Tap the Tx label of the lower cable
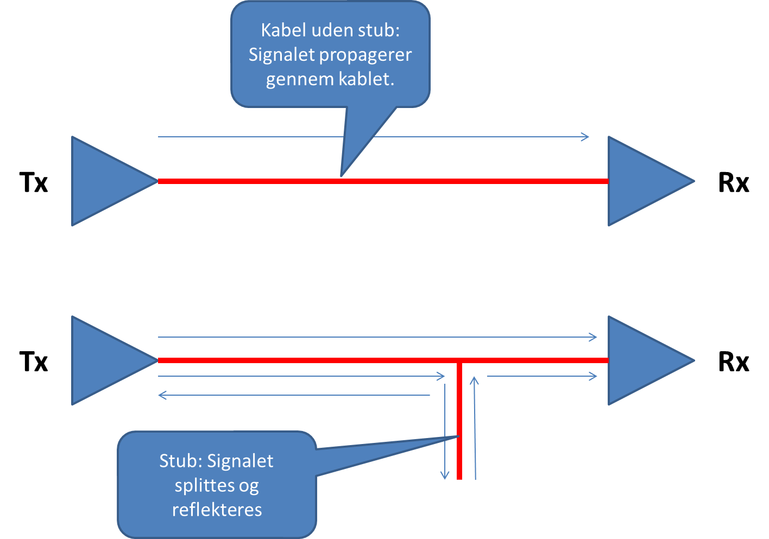point(34,362)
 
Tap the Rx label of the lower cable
point(733,362)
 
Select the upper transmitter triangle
point(103,181)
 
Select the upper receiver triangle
point(641,181)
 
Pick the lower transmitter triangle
point(103,360)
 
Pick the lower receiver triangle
point(641,360)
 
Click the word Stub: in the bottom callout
point(180,461)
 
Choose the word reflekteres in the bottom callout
point(217,510)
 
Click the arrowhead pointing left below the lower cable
point(161,395)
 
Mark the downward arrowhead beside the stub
point(445,476)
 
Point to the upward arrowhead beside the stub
point(474,380)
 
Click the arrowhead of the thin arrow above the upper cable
point(586,137)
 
